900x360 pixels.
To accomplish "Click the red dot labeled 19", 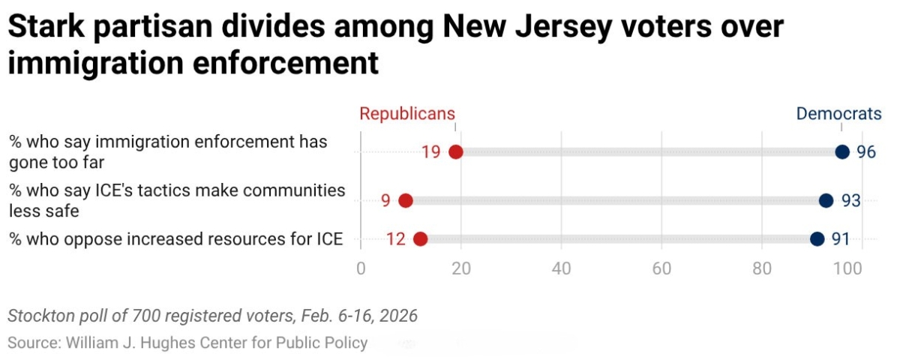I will (455, 152).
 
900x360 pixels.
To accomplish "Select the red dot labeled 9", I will (406, 200).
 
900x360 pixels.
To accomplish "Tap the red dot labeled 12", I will (420, 239).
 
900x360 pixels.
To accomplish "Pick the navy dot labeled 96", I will (842, 152).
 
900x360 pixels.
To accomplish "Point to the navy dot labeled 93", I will (826, 200).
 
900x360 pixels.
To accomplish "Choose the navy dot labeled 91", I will (817, 239).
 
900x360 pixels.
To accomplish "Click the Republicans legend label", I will (407, 114).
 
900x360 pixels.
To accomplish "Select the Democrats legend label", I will (838, 114).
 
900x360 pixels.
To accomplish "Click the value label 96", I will (866, 152).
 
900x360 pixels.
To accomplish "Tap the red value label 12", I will (396, 240).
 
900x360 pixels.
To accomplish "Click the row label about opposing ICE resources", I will (176, 239).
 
